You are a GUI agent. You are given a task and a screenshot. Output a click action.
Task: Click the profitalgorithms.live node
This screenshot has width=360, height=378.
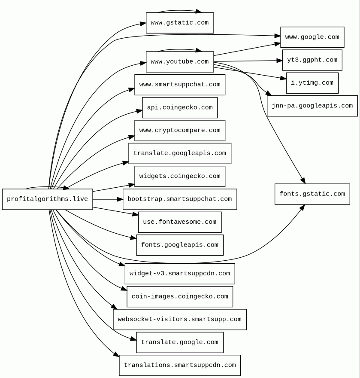pyautogui.click(x=47, y=199)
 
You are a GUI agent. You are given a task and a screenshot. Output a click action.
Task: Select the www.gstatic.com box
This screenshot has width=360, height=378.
pyautogui.click(x=179, y=23)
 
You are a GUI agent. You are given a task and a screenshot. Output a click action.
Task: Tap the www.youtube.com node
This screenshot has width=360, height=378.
pyautogui.click(x=179, y=62)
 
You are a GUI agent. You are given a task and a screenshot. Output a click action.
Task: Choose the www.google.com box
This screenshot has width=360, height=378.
pyautogui.click(x=312, y=37)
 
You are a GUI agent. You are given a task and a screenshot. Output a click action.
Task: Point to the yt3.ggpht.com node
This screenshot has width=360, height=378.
pyautogui.click(x=312, y=60)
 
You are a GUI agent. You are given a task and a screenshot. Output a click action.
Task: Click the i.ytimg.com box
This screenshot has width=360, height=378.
pyautogui.click(x=312, y=83)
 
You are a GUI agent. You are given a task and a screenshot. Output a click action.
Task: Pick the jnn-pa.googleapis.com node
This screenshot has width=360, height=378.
pyautogui.click(x=312, y=106)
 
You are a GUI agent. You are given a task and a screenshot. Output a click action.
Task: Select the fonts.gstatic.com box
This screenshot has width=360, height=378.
pyautogui.click(x=312, y=194)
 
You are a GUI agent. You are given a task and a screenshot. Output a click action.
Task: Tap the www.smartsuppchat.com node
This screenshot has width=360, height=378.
pyautogui.click(x=179, y=85)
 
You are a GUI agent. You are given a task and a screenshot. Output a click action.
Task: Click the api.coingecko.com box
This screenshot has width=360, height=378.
pyautogui.click(x=179, y=107)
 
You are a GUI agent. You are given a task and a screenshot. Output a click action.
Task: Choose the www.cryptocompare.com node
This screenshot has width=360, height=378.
pyautogui.click(x=179, y=131)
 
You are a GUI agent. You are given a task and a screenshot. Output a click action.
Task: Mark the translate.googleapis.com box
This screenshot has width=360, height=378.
pyautogui.click(x=179, y=153)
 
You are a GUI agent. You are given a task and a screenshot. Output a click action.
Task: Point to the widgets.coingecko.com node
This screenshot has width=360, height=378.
pyautogui.click(x=179, y=176)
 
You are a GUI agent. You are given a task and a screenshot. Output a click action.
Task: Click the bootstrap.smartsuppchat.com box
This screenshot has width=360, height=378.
pyautogui.click(x=179, y=199)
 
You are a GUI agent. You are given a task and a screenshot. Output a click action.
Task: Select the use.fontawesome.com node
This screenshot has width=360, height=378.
pyautogui.click(x=179, y=222)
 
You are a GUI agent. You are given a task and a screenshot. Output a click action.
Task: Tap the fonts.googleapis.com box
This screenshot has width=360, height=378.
pyautogui.click(x=179, y=245)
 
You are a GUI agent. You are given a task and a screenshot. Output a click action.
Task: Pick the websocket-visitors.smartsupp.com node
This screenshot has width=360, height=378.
pyautogui.click(x=179, y=320)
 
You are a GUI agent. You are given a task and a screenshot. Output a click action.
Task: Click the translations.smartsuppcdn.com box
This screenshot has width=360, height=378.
pyautogui.click(x=179, y=365)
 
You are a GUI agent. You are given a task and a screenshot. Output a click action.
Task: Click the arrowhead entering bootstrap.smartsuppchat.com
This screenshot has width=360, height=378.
pyautogui.click(x=120, y=199)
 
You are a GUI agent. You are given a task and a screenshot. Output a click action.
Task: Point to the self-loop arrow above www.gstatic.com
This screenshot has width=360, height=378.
pyautogui.click(x=179, y=10)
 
